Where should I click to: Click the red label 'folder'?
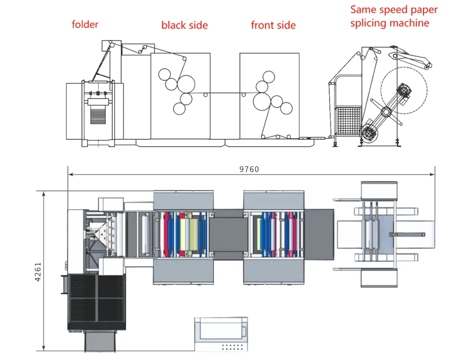85,24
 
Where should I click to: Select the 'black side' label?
185,25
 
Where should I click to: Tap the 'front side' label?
273,25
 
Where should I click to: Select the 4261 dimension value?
38,270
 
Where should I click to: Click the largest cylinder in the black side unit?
187,83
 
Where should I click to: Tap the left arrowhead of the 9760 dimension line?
70,174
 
